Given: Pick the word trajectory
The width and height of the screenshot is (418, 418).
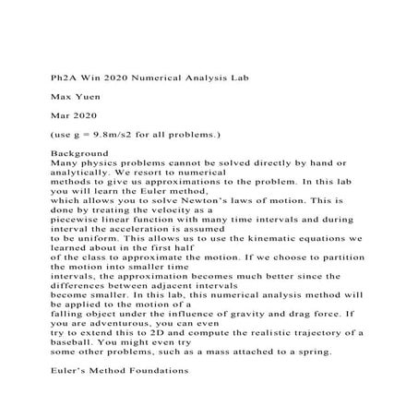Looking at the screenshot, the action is click(x=327, y=338).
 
